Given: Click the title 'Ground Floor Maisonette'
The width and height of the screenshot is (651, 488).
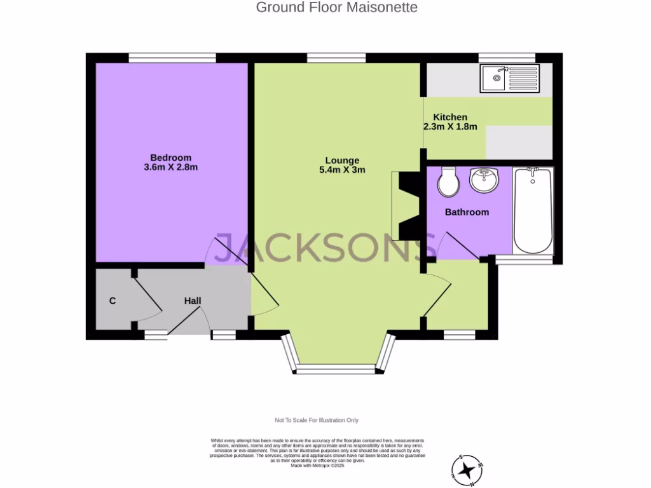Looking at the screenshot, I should click(x=336, y=8).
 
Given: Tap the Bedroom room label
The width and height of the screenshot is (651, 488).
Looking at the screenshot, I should click(x=170, y=158).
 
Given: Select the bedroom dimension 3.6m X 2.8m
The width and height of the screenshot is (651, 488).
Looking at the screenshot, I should click(x=171, y=168).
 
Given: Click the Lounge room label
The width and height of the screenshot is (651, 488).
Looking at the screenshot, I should click(x=342, y=160).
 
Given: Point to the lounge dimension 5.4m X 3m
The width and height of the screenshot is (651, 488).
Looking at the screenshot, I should click(x=342, y=170).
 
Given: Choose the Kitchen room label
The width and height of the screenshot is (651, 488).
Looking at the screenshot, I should click(x=450, y=117).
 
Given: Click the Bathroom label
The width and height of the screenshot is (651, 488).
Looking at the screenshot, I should click(x=467, y=212).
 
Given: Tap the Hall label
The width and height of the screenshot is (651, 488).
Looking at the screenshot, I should click(x=193, y=300).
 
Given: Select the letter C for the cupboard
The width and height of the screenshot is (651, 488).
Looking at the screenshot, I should click(x=113, y=301).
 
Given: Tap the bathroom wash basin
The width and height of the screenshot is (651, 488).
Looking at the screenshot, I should click(x=484, y=179).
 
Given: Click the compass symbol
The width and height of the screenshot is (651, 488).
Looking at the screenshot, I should click(x=468, y=471).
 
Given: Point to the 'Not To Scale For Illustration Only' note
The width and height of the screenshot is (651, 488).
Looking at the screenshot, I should click(x=317, y=420).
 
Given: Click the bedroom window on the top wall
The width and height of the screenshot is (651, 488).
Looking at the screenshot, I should click(x=172, y=58).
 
